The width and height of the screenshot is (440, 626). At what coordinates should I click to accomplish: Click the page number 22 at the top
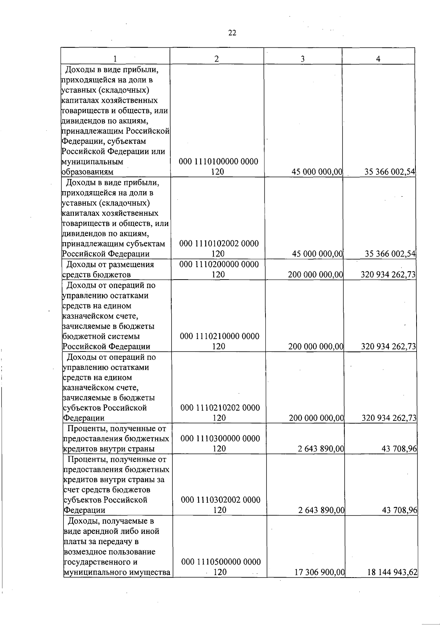coord(232,33)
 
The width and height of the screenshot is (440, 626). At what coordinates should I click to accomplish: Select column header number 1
coord(115,59)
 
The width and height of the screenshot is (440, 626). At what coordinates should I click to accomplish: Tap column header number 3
coord(302,59)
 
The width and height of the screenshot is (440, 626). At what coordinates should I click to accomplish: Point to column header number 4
coord(378,59)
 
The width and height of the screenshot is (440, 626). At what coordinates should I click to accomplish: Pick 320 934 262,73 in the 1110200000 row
coord(388,274)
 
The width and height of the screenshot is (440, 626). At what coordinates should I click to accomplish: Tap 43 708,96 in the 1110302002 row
coord(399,510)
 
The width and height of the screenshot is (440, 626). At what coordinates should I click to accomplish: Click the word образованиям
coord(88,172)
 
